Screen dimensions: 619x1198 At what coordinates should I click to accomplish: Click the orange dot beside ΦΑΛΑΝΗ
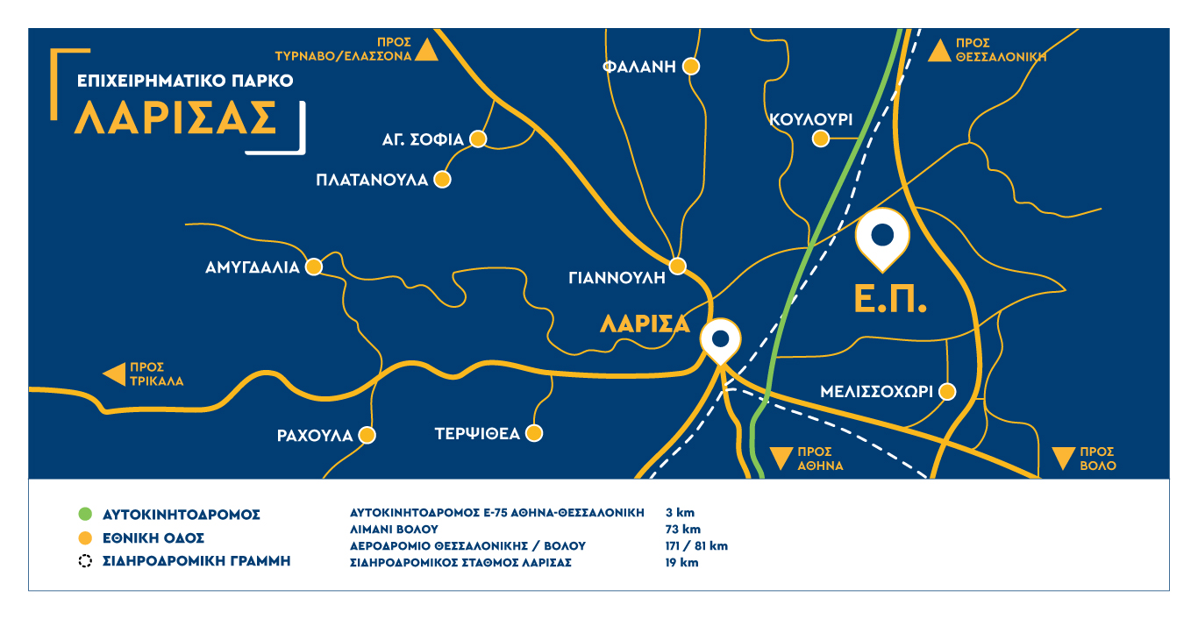pos(691,66)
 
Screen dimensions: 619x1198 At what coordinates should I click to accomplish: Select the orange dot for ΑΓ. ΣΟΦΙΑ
pos(479,139)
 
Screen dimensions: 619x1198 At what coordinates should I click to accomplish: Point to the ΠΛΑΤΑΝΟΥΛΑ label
pos(372,180)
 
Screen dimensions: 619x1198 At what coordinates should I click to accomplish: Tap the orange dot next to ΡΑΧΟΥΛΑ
pos(367,434)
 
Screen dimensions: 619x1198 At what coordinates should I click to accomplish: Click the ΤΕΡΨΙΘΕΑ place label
pos(477,434)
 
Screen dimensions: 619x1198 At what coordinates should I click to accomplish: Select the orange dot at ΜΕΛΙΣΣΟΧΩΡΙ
pos(946,391)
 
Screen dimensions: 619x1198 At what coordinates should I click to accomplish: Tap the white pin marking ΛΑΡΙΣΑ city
pos(720,340)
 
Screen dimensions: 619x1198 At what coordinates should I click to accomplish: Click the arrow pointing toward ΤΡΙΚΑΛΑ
pos(114,374)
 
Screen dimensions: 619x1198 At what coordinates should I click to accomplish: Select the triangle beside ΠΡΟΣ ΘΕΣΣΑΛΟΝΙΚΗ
pos(939,50)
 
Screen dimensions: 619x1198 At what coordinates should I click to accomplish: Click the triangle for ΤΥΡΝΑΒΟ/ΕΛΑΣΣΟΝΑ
pos(426,50)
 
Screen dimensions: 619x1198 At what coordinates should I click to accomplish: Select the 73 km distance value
pos(683,529)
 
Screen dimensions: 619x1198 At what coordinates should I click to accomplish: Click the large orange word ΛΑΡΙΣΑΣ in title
pos(175,117)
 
